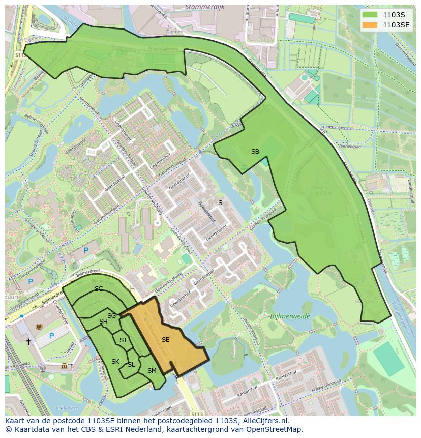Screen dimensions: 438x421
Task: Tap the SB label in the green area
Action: [255, 151]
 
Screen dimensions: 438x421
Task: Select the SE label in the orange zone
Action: [166, 339]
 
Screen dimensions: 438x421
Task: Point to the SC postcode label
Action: [99, 288]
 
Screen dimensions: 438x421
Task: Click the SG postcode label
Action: [112, 316]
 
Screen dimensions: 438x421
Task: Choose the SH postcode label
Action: [103, 321]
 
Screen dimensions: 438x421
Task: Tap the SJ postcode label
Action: [123, 340]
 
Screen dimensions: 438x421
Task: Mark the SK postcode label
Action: [115, 361]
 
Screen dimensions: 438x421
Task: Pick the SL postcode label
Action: [131, 364]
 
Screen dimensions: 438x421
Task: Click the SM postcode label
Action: [152, 371]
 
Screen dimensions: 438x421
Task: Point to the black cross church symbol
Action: [29, 342]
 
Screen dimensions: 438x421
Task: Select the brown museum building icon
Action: [64, 366]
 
